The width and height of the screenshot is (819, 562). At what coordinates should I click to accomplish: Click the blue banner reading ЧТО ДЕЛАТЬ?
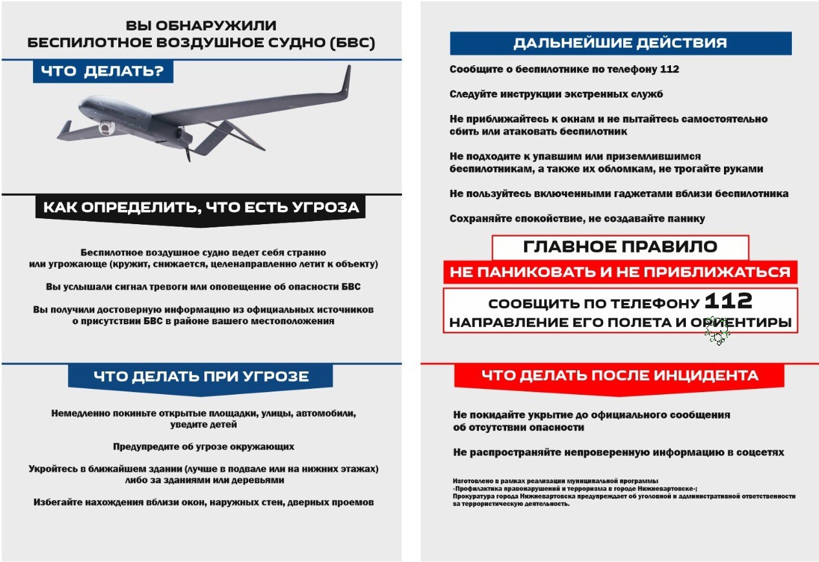click(103, 72)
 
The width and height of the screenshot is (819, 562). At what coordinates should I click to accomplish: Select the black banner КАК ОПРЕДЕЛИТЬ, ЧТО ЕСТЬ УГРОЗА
click(200, 208)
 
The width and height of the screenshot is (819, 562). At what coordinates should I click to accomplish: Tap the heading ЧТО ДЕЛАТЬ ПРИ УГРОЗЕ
click(200, 377)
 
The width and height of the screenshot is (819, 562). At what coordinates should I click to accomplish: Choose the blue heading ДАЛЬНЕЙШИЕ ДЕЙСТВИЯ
click(620, 43)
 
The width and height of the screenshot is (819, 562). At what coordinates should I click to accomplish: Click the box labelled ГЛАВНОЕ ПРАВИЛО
click(620, 247)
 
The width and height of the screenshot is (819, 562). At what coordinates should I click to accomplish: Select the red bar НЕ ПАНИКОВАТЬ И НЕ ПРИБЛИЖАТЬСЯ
click(620, 272)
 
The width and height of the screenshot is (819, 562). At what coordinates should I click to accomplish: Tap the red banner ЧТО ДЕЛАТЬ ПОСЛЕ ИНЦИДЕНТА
click(619, 375)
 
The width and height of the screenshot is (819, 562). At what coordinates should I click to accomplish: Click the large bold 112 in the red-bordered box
click(728, 300)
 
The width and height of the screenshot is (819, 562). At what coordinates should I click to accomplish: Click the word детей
click(222, 424)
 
